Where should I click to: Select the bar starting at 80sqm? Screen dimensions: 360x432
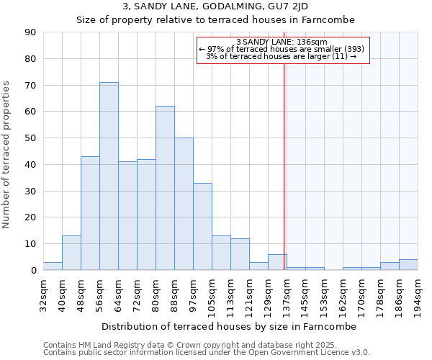point(165,188)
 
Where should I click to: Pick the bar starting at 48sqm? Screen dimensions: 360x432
point(90,213)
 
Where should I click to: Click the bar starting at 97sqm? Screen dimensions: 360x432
point(202,226)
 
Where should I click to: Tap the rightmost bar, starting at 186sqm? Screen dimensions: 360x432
point(408,265)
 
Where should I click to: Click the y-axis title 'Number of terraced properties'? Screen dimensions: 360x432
point(7,155)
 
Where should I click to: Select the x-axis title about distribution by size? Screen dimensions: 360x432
point(230,326)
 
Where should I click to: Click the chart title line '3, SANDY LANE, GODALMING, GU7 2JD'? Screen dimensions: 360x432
point(215,6)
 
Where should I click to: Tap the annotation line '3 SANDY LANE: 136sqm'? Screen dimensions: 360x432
point(282,42)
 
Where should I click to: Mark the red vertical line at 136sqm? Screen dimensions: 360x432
point(284,180)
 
